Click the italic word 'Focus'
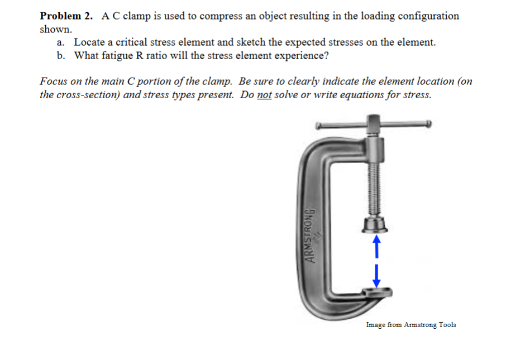click(55, 81)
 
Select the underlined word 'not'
click(264, 94)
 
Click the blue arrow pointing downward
click(376, 274)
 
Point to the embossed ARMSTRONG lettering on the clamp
click(311, 235)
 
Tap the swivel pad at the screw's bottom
click(374, 225)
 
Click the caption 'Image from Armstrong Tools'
click(410, 325)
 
